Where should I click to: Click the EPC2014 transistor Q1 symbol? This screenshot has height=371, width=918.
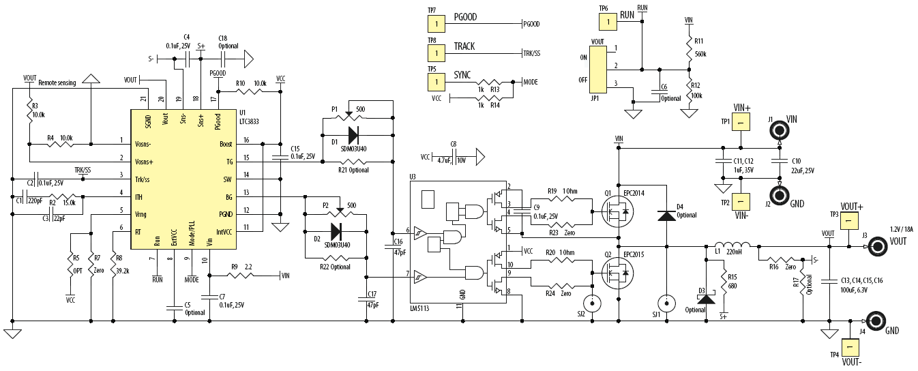[617, 212]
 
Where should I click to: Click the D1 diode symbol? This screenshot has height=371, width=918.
[352, 134]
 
